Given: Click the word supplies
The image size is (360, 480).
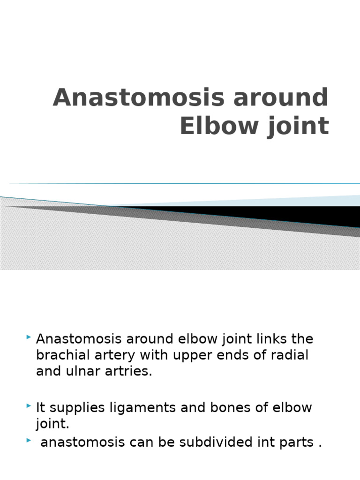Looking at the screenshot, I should click(73, 407).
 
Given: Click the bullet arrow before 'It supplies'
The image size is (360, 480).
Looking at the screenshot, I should click(30, 405).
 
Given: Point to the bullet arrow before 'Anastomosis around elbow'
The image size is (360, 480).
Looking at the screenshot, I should click(30, 337).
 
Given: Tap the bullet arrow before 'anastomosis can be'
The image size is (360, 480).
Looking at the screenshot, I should click(30, 440).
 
